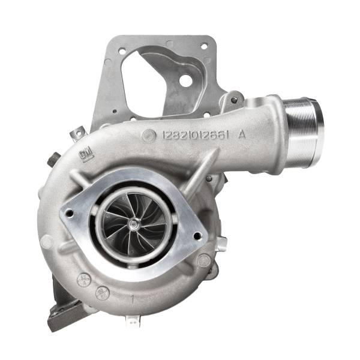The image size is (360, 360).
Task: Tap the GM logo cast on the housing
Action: point(87,155)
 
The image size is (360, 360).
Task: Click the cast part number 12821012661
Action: point(195,136)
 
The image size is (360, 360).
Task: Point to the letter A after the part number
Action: point(242,134)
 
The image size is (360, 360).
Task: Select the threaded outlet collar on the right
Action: point(303,125)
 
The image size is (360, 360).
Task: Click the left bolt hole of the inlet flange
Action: point(71,212)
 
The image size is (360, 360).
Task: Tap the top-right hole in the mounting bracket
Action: point(205,46)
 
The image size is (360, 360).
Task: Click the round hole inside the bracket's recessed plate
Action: point(186,80)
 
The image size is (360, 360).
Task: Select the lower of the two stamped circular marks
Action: point(101,293)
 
